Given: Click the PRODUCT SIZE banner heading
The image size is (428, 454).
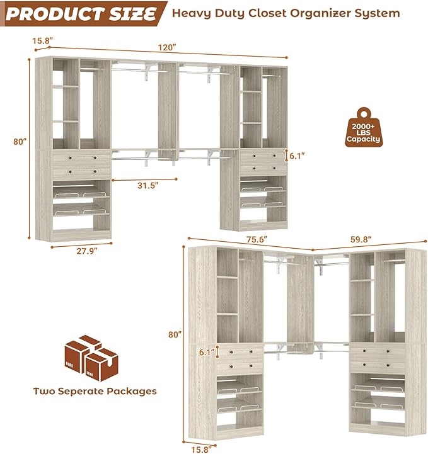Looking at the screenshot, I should tap(80, 13).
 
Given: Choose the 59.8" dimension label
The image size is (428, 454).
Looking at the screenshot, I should tap(361, 239).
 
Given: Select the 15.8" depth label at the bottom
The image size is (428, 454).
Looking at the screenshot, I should tap(202, 449).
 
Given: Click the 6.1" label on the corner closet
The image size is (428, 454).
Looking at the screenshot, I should tap(205, 353).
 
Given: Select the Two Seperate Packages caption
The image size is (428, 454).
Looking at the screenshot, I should tap(95, 391).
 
